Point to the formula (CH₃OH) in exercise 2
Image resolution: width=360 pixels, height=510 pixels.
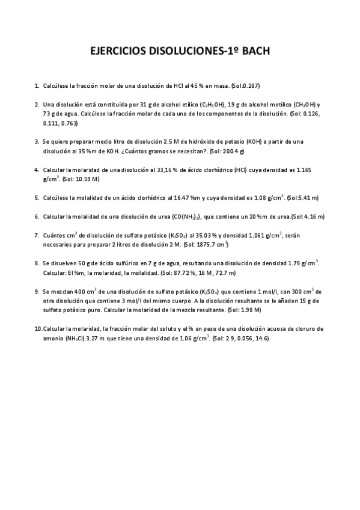pyautogui.click(x=296, y=105)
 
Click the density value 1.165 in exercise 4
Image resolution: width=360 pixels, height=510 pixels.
pyautogui.click(x=313, y=170)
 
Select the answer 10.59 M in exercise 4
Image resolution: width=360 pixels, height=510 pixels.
pyautogui.click(x=86, y=179)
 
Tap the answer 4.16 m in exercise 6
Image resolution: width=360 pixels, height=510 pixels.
pyautogui.click(x=308, y=216)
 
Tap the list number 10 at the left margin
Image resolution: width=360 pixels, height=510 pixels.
pyautogui.click(x=38, y=329)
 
